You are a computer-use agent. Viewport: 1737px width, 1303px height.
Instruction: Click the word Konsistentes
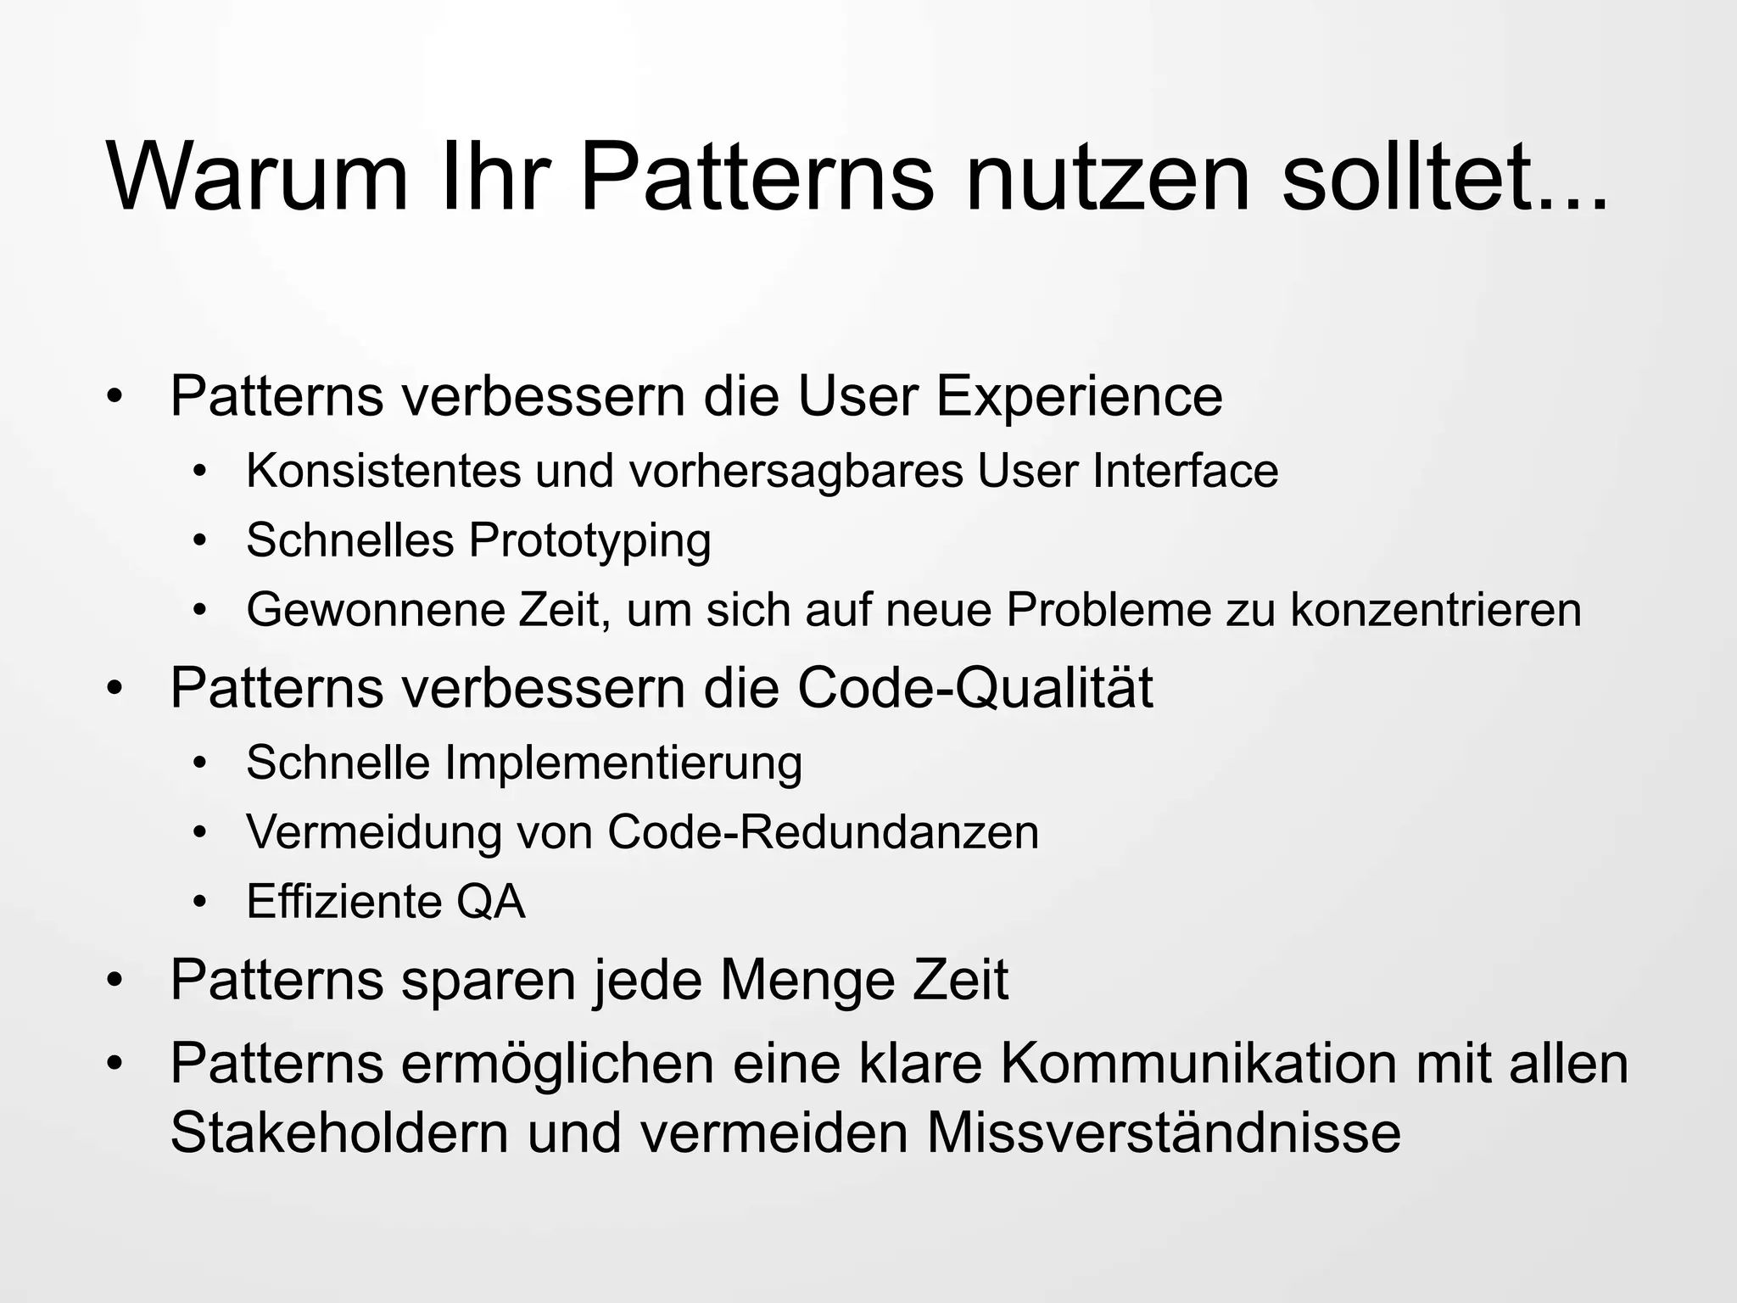coord(383,471)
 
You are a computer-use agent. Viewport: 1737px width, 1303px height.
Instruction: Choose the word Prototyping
coord(590,541)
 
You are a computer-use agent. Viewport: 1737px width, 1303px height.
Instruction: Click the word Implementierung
coord(623,763)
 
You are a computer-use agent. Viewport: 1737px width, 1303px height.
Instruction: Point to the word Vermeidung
coord(374,832)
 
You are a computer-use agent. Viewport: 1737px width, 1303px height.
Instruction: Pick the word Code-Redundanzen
coord(823,832)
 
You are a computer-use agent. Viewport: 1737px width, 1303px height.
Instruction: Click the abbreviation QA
coord(491,902)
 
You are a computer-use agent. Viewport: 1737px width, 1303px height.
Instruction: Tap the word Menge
coord(807,980)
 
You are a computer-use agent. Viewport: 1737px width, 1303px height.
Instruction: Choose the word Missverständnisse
coord(1163,1132)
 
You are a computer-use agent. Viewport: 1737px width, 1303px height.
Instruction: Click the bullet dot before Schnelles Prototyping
coord(199,541)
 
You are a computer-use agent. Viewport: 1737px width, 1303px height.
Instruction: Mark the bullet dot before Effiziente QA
coord(199,903)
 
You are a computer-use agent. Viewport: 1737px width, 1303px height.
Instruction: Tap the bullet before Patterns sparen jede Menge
coord(115,981)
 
